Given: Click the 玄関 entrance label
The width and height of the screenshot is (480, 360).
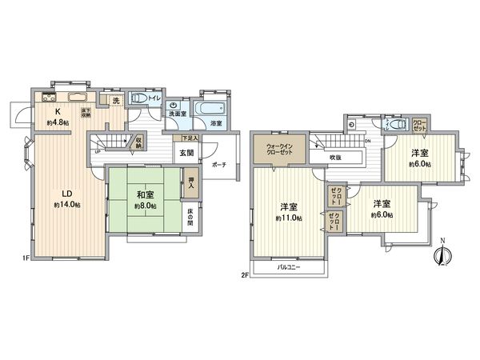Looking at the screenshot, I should [x=186, y=153].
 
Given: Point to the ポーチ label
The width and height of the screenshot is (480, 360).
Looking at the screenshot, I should [x=219, y=165].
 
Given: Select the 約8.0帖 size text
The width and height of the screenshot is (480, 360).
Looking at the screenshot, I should [x=145, y=204].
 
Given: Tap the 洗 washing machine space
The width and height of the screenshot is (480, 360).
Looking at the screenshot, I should [x=115, y=101].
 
